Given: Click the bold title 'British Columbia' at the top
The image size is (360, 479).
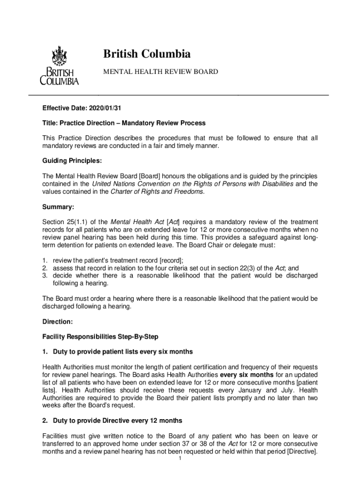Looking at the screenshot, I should point(147,54).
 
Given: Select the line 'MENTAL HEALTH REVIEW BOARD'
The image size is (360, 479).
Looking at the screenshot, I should point(160,72).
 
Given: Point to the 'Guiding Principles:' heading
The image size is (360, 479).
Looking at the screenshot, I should point(72,160).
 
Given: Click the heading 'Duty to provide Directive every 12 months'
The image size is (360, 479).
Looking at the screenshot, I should point(117,421).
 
